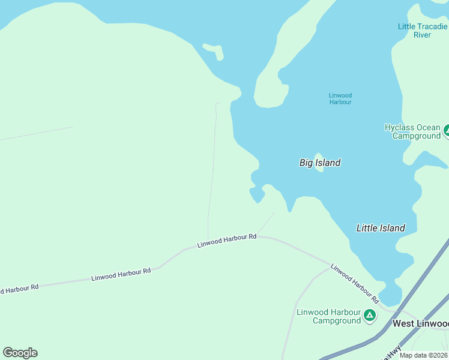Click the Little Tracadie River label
point(423,31)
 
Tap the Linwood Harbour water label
point(340,99)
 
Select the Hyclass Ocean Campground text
point(412,131)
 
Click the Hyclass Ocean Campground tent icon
point(446,130)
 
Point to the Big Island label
point(320,163)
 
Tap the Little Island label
point(381,228)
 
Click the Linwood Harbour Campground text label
point(328,316)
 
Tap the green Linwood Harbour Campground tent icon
point(370,314)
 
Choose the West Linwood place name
point(420,323)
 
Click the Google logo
point(20,353)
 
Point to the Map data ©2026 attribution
point(424,355)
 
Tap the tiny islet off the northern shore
point(214,50)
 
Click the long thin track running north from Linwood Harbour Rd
point(212,174)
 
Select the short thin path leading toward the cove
point(266,223)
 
